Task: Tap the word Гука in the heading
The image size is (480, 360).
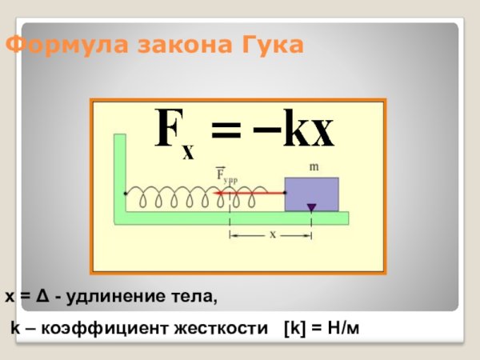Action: point(271,46)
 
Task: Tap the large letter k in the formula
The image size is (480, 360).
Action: point(297,130)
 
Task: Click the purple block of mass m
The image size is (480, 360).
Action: point(312,194)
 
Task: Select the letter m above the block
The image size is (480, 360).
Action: point(314,166)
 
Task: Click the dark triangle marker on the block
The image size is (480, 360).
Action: point(311,208)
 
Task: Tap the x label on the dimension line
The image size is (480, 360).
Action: point(272,234)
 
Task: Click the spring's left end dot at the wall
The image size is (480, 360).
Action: point(125,194)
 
